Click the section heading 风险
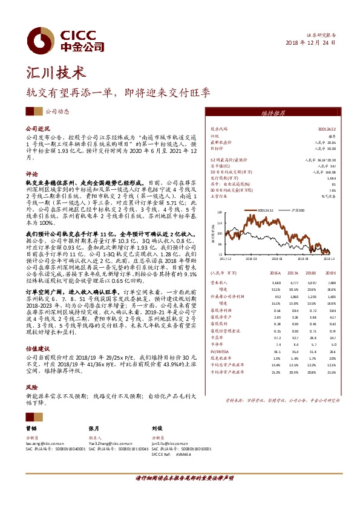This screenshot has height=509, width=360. pos(31,386)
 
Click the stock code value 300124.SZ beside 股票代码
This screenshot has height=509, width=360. pos(327,129)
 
